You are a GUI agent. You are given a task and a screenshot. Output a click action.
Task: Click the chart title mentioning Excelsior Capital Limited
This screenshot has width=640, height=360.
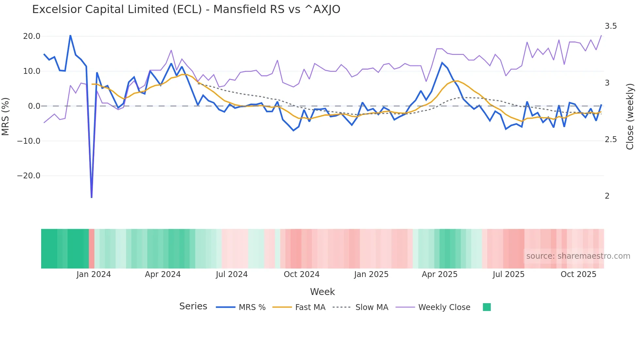(186, 9)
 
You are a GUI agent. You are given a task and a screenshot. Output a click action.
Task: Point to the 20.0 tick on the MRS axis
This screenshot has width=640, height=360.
(32, 36)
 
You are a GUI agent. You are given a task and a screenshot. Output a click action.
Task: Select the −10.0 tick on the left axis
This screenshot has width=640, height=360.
(29, 141)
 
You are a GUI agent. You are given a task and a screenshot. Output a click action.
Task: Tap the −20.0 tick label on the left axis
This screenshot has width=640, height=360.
(29, 176)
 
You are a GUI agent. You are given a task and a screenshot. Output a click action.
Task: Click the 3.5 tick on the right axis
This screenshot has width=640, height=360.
(611, 26)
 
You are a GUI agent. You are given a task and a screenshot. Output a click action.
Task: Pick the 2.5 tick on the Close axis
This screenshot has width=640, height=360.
(611, 139)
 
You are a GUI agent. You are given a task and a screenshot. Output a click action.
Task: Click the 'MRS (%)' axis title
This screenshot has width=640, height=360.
(6, 117)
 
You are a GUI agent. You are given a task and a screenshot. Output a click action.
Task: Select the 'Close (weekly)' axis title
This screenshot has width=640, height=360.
(630, 117)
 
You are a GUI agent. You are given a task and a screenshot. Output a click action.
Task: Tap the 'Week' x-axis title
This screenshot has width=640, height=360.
(322, 292)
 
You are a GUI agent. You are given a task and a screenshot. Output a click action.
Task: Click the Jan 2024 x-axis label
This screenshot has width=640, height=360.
(94, 274)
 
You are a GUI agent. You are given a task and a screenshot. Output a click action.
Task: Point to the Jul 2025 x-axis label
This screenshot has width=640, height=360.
(508, 274)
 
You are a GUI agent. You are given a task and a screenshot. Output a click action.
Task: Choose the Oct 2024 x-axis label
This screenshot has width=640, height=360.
(301, 274)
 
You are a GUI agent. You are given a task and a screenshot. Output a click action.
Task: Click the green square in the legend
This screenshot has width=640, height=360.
(487, 307)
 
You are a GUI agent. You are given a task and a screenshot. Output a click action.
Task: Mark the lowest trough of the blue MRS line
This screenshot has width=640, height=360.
(91, 197)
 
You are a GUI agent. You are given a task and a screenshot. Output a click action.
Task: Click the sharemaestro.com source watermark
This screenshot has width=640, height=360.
(578, 256)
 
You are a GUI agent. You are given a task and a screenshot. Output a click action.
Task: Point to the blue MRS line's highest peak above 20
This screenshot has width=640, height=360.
(71, 35)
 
